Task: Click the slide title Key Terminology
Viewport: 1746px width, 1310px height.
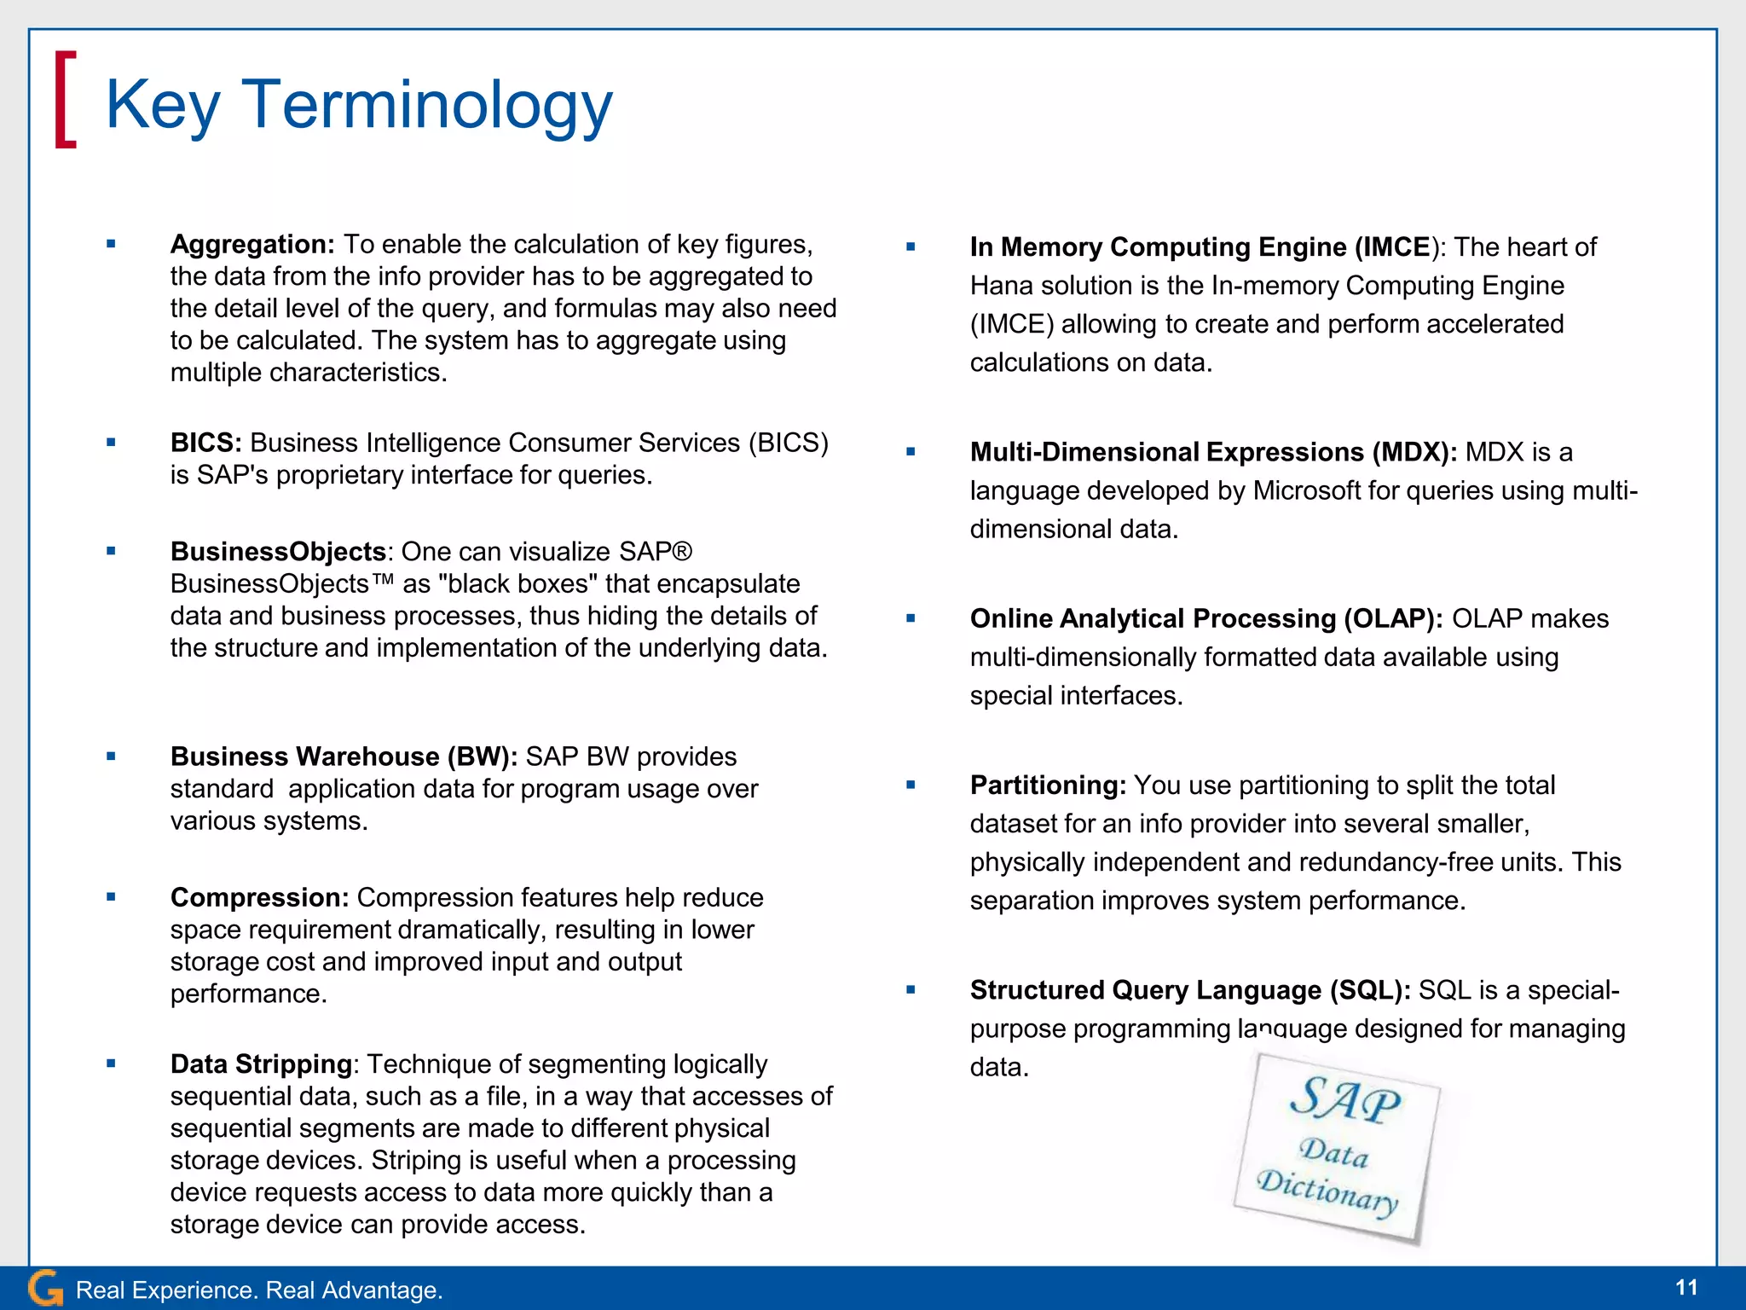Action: [358, 105]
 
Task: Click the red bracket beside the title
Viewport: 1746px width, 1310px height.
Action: [66, 100]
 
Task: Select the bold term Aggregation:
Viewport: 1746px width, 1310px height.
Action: [252, 245]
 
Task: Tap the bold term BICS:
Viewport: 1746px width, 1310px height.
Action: [205, 443]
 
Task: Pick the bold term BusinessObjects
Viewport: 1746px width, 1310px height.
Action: [279, 553]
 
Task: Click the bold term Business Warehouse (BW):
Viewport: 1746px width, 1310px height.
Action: [344, 757]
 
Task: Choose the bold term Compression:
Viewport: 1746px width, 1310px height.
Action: [259, 898]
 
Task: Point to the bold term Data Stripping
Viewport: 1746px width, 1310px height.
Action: [261, 1064]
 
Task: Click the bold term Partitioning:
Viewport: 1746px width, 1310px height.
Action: [1048, 785]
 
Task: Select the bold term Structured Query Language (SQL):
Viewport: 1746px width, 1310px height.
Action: [1190, 990]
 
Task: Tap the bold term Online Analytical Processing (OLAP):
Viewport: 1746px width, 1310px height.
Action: [1206, 619]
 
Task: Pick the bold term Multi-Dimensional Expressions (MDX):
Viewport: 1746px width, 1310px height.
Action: [1213, 452]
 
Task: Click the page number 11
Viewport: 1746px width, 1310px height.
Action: [1686, 1288]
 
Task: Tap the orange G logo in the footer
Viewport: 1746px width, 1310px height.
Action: [45, 1288]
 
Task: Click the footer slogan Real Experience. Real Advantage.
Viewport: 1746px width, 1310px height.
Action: [259, 1290]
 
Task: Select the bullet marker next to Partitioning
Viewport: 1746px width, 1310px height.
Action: [911, 785]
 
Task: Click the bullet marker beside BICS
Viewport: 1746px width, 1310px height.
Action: [111, 443]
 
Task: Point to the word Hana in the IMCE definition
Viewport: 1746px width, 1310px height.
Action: [1001, 286]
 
